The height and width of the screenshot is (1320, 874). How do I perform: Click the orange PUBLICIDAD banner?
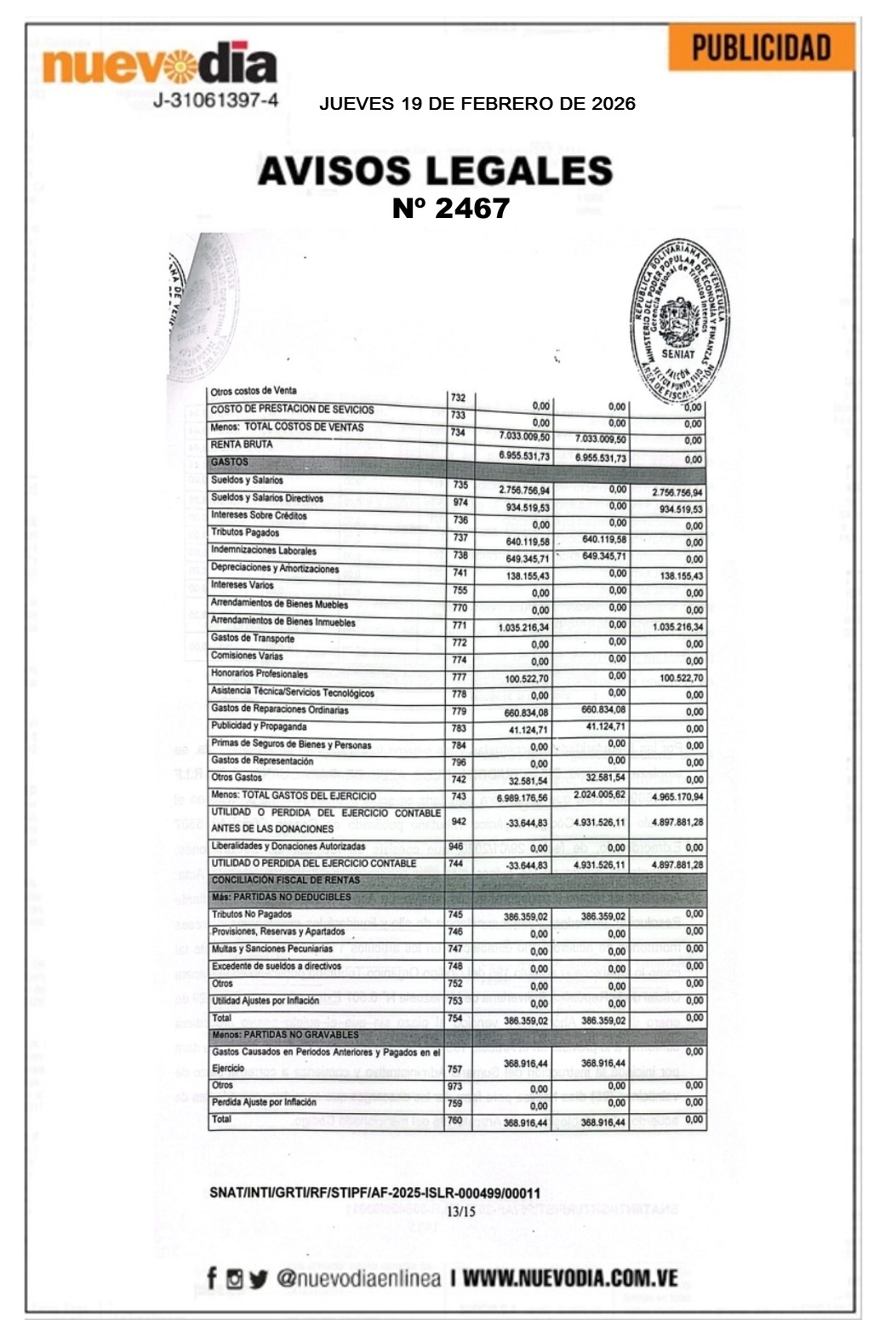761,48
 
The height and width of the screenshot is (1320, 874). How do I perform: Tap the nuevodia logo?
160,66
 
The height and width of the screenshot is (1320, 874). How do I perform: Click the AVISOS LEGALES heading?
435,171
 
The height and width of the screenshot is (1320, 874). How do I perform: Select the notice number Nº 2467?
450,209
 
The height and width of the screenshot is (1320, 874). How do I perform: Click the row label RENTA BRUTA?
242,445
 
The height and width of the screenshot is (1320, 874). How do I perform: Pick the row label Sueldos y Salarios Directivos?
267,498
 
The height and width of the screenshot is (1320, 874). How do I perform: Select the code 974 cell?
460,502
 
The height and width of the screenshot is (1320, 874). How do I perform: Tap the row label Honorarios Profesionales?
260,674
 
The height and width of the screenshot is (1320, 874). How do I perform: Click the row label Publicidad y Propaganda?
259,726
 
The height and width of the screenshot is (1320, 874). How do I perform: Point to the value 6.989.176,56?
523,798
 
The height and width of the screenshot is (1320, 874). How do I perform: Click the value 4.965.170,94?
677,797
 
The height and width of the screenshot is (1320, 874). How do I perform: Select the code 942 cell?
459,822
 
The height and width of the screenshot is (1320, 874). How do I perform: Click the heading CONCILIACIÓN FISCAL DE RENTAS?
286,880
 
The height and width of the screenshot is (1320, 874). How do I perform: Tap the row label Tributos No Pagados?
252,915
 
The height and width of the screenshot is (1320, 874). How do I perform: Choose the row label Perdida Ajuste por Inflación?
264,1102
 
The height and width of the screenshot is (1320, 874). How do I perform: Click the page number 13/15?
462,1212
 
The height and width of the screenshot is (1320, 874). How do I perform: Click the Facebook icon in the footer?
212,1277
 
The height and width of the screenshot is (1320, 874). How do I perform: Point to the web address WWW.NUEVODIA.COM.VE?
570,1277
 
